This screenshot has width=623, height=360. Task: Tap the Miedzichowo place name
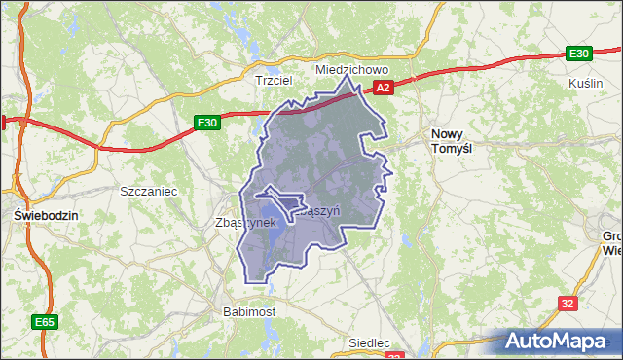(x=351, y=70)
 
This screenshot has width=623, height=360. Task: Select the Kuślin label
(x=585, y=84)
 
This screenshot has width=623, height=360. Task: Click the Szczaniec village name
(x=147, y=192)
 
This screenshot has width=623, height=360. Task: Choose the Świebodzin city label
(x=40, y=214)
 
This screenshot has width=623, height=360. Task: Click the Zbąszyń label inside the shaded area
(x=317, y=209)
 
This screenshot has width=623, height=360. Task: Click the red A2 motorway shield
(x=384, y=88)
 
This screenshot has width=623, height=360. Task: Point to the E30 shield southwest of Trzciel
(x=205, y=123)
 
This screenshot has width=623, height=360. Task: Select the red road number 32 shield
(x=568, y=304)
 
